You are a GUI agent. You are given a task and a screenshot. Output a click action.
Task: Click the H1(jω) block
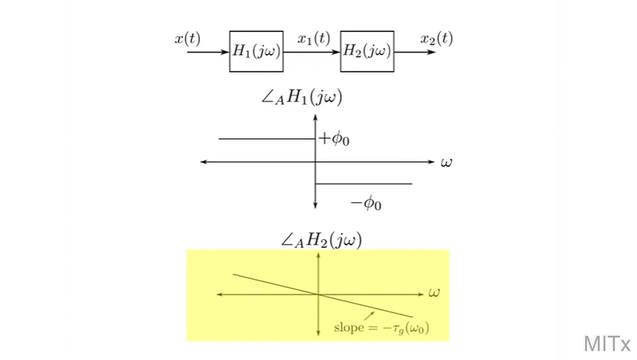point(256,51)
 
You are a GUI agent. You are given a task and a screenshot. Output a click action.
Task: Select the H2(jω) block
point(367,51)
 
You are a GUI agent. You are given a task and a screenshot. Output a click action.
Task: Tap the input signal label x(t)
point(187,39)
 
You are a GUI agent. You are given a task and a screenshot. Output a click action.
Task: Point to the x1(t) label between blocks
point(313,39)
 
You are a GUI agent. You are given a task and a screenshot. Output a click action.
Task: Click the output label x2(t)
point(437,39)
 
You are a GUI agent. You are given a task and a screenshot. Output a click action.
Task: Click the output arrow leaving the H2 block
point(415,52)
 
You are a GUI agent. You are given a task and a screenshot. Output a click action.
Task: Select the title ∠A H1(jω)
point(301,98)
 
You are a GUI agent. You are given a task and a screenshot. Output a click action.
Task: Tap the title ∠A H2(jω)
point(321,240)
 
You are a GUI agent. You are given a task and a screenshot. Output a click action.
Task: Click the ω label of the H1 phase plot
point(446,163)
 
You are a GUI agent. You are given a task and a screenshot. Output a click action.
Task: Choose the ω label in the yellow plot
point(434,293)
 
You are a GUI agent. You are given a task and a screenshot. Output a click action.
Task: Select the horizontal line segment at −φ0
point(363,183)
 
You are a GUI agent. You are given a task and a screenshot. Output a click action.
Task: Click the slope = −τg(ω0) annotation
point(380,326)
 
